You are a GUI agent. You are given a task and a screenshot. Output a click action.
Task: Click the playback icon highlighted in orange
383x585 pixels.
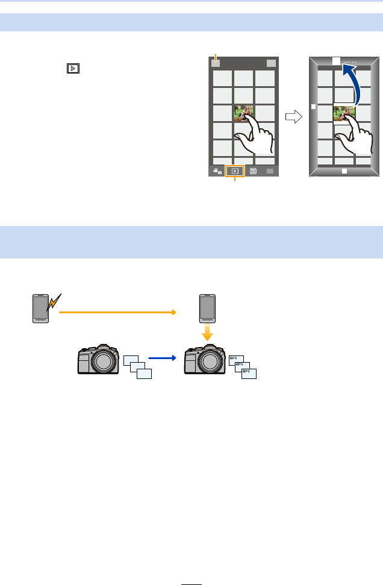pyautogui.click(x=234, y=171)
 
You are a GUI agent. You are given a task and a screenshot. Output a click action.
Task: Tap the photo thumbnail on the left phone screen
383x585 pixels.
pyautogui.click(x=243, y=113)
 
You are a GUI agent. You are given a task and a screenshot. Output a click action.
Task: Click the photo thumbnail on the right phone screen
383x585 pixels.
pyautogui.click(x=343, y=113)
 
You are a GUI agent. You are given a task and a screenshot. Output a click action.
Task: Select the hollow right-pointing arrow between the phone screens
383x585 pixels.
pyautogui.click(x=293, y=117)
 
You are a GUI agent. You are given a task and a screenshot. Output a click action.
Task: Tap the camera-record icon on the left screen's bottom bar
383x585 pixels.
pyautogui.click(x=216, y=171)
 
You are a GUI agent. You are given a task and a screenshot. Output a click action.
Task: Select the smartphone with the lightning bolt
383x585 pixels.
pyautogui.click(x=40, y=308)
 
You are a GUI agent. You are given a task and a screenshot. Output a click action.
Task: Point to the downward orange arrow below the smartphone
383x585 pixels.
pyautogui.click(x=208, y=333)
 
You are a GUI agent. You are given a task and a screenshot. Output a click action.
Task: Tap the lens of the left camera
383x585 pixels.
pyautogui.click(x=105, y=364)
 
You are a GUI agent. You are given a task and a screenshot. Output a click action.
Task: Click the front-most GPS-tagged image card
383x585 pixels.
pyautogui.click(x=249, y=374)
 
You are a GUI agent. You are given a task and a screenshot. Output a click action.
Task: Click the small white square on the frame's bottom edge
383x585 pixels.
pyautogui.click(x=344, y=171)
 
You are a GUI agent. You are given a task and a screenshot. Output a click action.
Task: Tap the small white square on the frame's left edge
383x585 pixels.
pyautogui.click(x=313, y=106)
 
